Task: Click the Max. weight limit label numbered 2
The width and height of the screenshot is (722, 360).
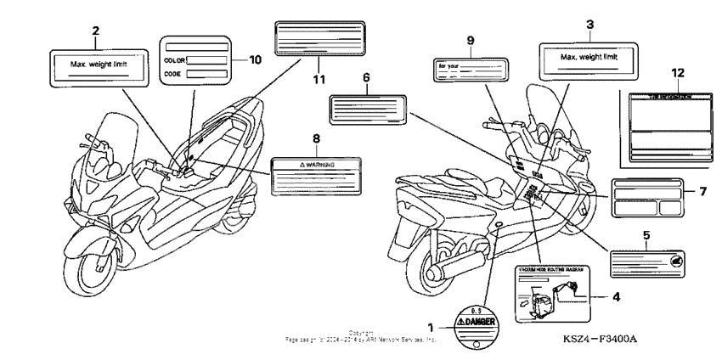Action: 95,65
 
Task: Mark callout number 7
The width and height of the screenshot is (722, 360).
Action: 702,191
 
